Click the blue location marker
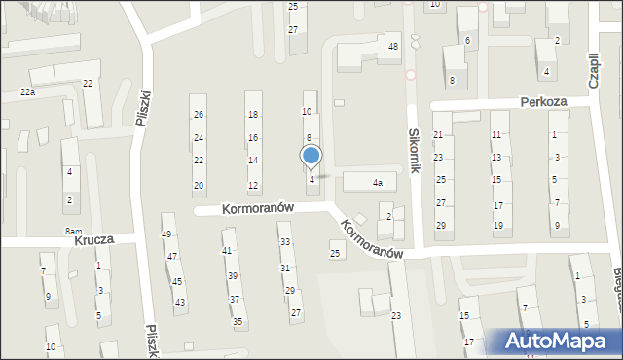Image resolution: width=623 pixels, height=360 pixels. pos(311,156)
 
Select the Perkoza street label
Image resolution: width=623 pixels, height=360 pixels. pos(543,100)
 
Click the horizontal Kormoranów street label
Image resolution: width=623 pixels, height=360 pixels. pos(258,208)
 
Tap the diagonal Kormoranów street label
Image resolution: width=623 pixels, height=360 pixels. pos(371,237)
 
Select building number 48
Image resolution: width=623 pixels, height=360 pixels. pos(393,47)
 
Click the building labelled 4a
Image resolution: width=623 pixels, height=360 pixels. pos(377,182)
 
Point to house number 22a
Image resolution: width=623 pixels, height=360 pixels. pos(27,92)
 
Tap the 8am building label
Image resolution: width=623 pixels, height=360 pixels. pos(73,231)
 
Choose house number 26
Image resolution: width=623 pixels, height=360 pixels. pos(199,115)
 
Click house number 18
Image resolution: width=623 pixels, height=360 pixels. pos(253,115)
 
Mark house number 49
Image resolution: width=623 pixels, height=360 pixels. pos(166,234)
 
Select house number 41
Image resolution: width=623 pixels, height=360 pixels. pos(227,251)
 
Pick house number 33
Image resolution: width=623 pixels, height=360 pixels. pos(284,241)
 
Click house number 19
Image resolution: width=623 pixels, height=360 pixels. pos(497,226)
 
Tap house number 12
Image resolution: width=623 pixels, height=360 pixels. pos(253,186)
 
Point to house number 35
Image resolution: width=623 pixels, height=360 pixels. pos(237,321)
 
